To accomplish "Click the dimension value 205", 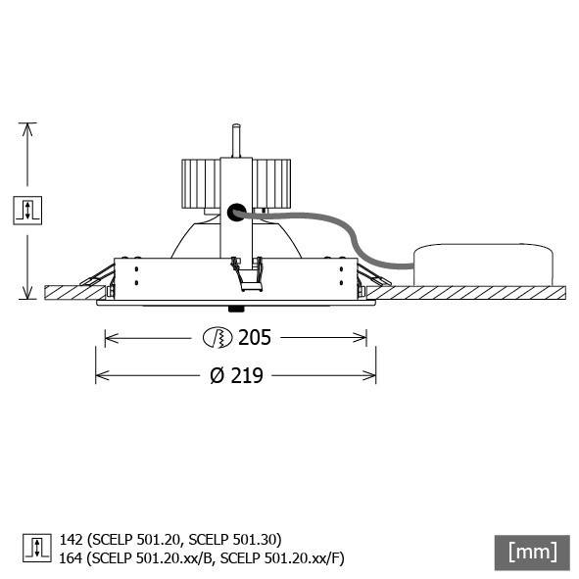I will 254,338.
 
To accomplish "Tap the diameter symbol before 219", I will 217,375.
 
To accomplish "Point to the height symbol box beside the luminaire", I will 27,210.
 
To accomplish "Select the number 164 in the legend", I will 71,557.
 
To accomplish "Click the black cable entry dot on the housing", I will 235,211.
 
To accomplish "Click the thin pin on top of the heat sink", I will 235,139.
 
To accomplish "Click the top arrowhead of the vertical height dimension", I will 27,128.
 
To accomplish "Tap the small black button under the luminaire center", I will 235,308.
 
